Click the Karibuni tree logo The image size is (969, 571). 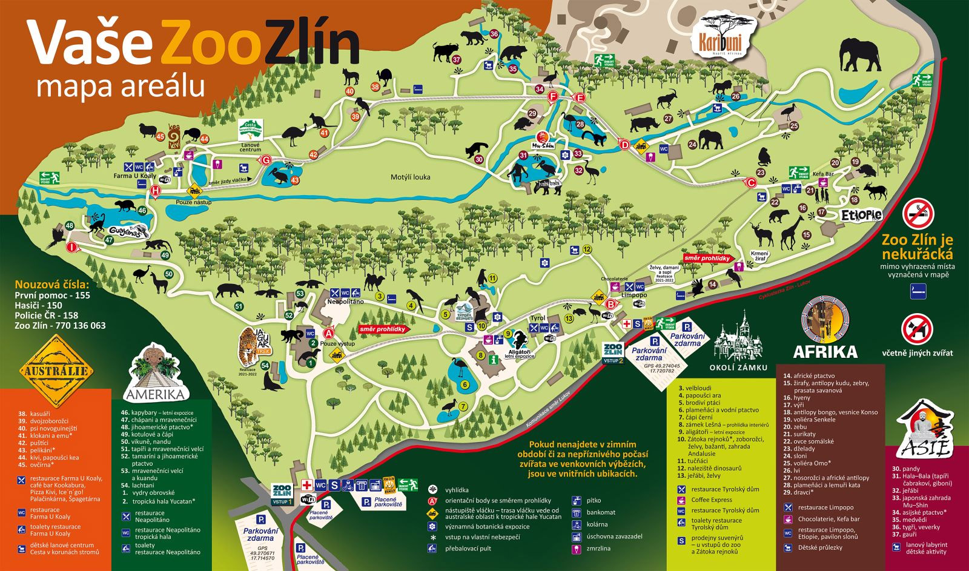(x=724, y=35)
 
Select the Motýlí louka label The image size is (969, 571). (x=409, y=177)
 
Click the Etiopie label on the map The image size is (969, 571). (x=861, y=215)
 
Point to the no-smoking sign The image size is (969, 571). (x=918, y=214)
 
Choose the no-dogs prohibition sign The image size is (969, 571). (x=916, y=328)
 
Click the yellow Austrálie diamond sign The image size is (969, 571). (x=56, y=371)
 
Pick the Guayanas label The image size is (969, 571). (x=128, y=232)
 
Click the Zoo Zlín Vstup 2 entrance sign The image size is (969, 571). (x=613, y=352)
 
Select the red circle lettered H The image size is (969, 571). (x=156, y=191)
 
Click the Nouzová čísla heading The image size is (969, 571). (x=51, y=284)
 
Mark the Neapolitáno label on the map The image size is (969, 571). (x=345, y=301)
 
